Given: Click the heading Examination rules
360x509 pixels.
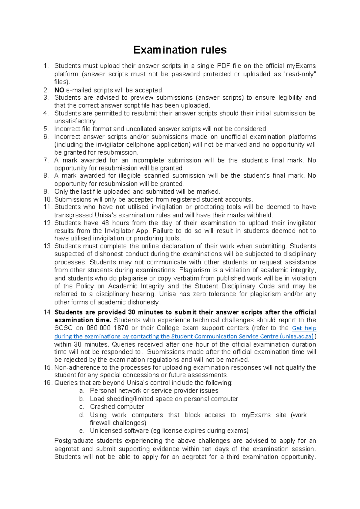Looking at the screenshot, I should coord(180,50).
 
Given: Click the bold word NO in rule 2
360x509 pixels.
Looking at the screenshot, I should coord(59,90).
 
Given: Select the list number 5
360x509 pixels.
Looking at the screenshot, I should coord(46,129).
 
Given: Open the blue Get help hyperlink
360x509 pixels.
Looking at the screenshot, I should coord(304,328).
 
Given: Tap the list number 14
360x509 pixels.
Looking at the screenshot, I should coord(48,312).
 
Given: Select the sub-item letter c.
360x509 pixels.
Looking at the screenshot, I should coord(82,407).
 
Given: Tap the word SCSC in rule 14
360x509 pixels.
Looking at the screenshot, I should coord(63,328).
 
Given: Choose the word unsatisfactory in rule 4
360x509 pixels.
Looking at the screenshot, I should coord(75,121).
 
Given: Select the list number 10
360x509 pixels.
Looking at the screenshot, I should coord(48,200).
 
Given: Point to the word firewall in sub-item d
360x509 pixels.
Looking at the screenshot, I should coord(100,423).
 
